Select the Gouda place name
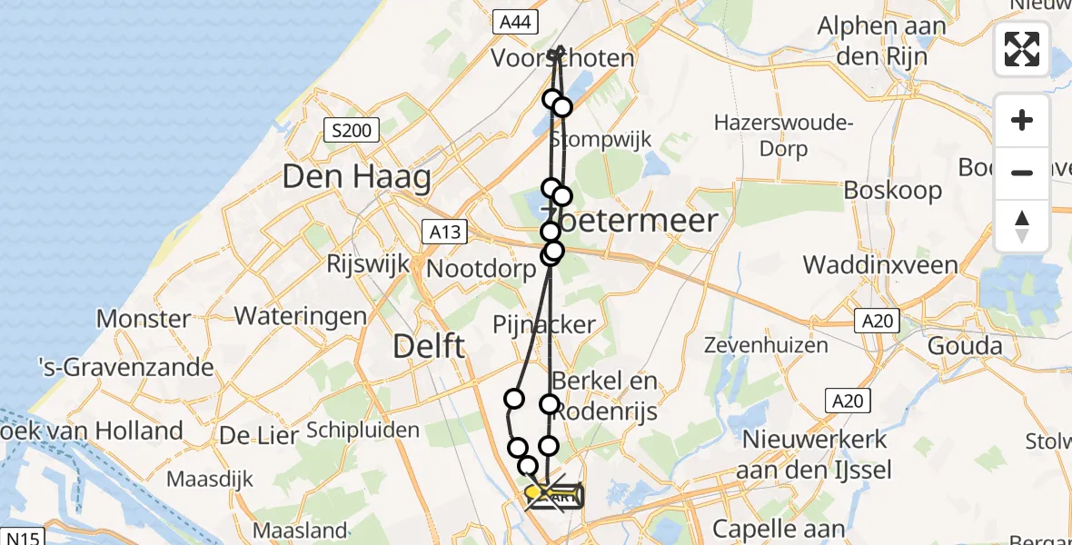pos(965,346)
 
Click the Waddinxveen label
pos(880,265)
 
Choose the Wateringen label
pos(301,316)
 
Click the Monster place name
pos(144,319)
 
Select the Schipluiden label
pos(362,430)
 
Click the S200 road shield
pos(351,131)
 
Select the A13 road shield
pos(444,232)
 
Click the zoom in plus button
pos(1022,121)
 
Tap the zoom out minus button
pos(1022,173)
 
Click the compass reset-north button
pos(1022,225)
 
